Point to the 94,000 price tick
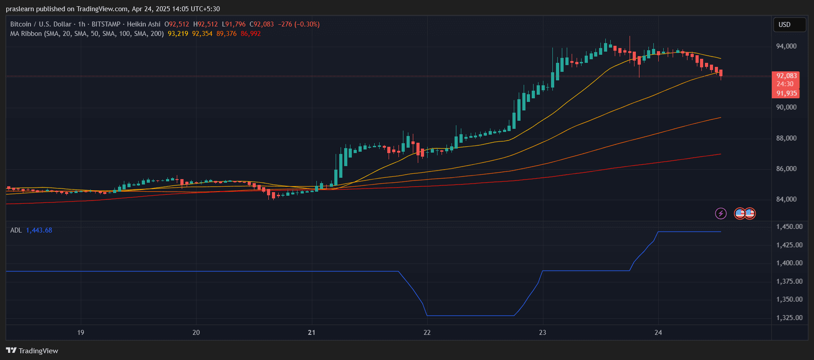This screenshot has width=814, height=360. [x=786, y=46]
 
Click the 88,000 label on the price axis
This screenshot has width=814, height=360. [x=786, y=138]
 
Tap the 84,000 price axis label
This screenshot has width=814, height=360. [x=786, y=199]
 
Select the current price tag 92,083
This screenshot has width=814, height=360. [x=786, y=76]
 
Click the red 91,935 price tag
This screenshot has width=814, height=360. [x=786, y=93]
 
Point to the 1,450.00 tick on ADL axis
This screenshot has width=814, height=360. [x=789, y=227]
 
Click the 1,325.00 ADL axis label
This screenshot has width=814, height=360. [x=789, y=318]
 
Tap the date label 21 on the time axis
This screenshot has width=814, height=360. [x=311, y=333]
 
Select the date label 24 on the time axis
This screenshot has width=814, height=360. [x=658, y=333]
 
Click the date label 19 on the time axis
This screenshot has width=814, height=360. [x=81, y=333]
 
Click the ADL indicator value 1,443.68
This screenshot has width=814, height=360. [x=39, y=230]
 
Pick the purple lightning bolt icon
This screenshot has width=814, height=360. [x=721, y=213]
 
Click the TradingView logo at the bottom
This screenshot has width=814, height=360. [x=32, y=351]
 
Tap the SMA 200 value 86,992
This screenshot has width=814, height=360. [x=250, y=34]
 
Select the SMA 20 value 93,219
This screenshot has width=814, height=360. [x=178, y=34]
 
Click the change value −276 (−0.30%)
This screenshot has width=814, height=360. [x=298, y=24]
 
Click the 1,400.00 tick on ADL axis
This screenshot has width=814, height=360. [x=789, y=263]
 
